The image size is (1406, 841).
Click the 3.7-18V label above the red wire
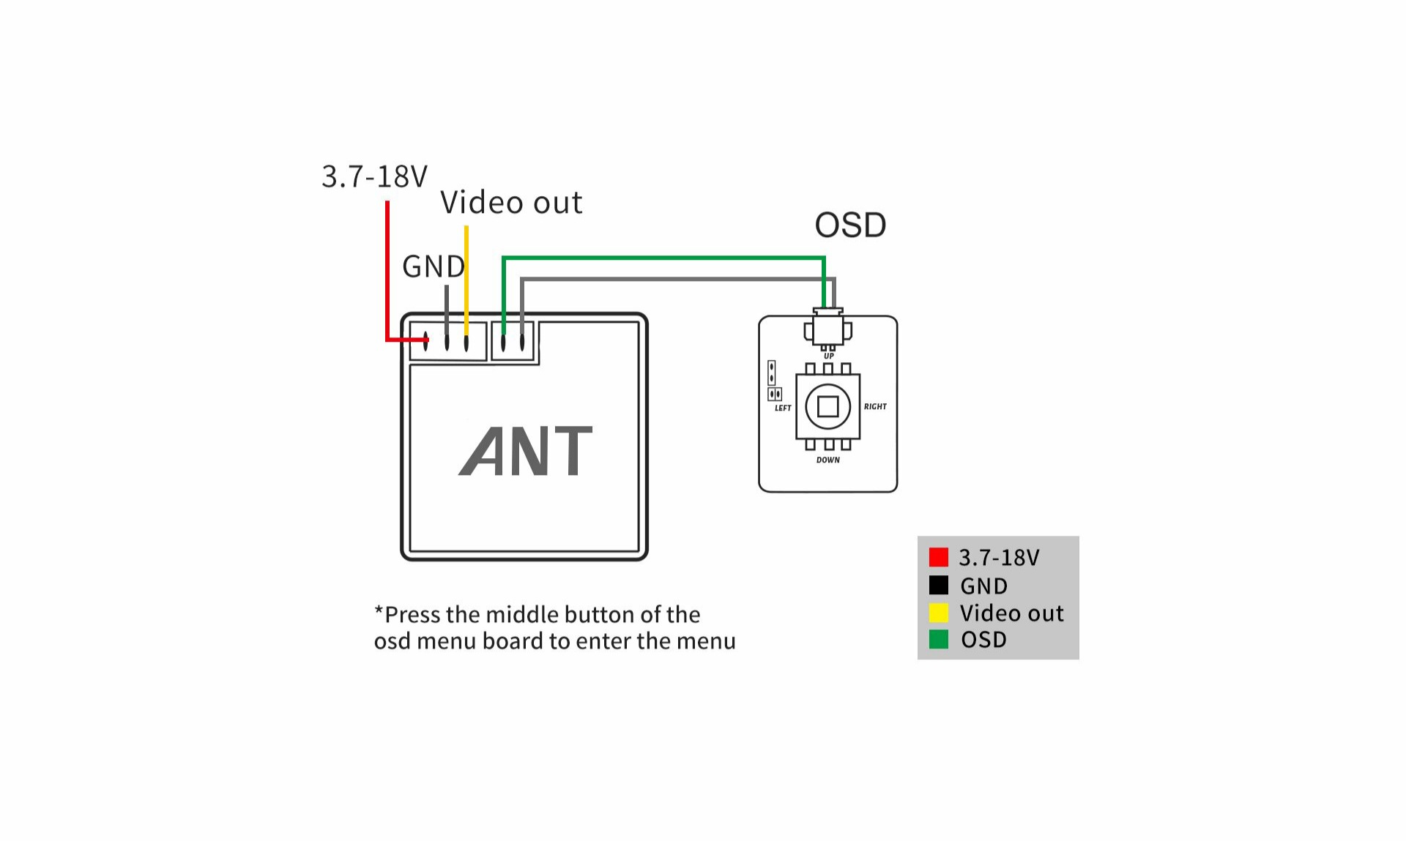pos(374,177)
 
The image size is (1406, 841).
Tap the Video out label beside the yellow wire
pos(511,203)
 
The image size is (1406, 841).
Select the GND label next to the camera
pos(433,267)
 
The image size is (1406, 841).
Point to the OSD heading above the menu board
pos(850,225)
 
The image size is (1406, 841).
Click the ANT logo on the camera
pos(526,451)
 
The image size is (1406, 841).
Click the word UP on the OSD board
pos(828,356)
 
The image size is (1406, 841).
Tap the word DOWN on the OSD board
pos(828,460)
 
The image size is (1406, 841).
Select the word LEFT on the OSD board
pos(783,408)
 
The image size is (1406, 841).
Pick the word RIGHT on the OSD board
pos(875,407)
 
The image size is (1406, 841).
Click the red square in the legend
pos(938,558)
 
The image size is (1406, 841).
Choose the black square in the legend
pos(938,586)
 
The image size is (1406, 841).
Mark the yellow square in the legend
pos(938,613)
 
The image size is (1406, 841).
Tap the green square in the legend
pos(938,640)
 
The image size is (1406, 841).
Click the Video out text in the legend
pos(1011,613)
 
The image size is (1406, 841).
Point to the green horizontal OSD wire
pos(663,258)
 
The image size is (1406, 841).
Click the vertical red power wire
pos(387,271)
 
